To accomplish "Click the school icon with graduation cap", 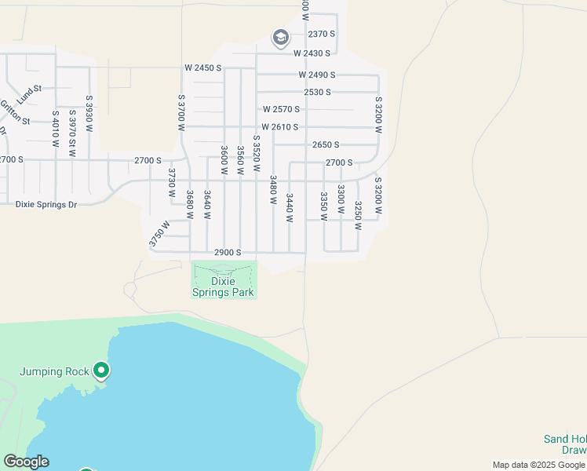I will point(280,37).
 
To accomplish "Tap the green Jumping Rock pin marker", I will point(100,370).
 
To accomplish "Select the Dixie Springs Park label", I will point(224,287).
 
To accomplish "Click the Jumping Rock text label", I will point(53,371).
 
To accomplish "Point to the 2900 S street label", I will point(228,253).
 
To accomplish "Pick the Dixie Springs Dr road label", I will point(46,204).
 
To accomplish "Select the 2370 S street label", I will point(322,35).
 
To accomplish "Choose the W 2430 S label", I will point(314,53).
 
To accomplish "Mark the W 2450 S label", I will point(203,68).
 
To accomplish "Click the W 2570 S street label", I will point(282,109).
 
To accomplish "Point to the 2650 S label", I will point(326,144).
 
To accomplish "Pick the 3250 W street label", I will point(357,215).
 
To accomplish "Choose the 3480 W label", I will point(273,189).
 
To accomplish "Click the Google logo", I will point(26,462).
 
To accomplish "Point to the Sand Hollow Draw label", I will point(564,444).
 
